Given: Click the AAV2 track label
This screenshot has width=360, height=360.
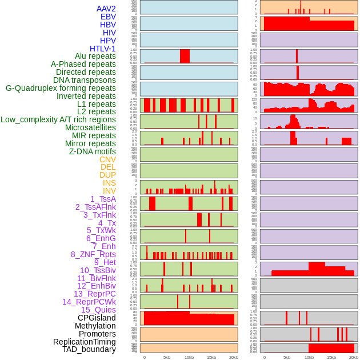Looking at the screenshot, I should pyautogui.click(x=106, y=9).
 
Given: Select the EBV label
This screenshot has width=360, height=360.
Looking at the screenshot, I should pyautogui.click(x=108, y=17).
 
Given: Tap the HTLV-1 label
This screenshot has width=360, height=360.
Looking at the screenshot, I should pyautogui.click(x=103, y=49).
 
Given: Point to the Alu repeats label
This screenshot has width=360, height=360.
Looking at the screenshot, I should pyautogui.click(x=95, y=56).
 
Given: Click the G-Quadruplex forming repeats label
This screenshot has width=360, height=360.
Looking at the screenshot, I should pyautogui.click(x=61, y=88).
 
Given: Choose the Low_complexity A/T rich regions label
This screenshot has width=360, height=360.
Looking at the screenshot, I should pyautogui.click(x=58, y=119).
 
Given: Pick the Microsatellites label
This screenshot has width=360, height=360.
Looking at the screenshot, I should pyautogui.click(x=90, y=127).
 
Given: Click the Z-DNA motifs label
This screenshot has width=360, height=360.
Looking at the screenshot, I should pyautogui.click(x=93, y=151).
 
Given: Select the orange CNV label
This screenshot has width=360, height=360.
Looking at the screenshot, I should pyautogui.click(x=107, y=159).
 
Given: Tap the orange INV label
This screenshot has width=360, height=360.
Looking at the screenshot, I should pyautogui.click(x=109, y=191).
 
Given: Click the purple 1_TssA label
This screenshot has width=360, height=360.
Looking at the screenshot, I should pyautogui.click(x=103, y=199).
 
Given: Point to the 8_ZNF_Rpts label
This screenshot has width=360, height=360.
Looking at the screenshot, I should pyautogui.click(x=93, y=254).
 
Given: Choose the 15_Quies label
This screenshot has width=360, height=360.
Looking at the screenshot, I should pyautogui.click(x=98, y=310).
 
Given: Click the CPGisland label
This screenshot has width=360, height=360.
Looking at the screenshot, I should pyautogui.click(x=97, y=318).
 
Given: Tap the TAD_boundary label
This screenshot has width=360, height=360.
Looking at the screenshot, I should pyautogui.click(x=89, y=349).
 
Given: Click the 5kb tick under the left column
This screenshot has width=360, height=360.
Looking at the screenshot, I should pyautogui.click(x=167, y=357).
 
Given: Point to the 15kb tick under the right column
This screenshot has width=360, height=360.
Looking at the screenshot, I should pyautogui.click(x=331, y=357).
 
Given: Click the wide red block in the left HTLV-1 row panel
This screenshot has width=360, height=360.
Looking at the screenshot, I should pyautogui.click(x=185, y=56).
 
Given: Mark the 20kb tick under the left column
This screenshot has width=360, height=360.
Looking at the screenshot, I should pyautogui.click(x=234, y=357).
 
